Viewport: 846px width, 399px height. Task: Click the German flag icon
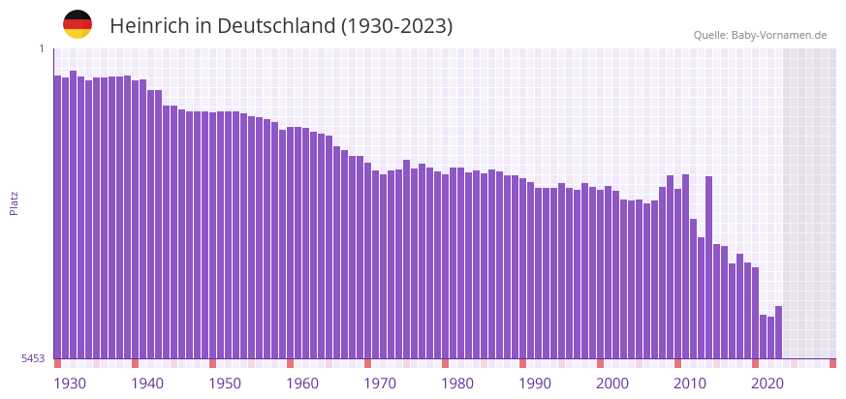pyautogui.click(x=78, y=25)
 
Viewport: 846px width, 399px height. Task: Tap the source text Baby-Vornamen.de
pyautogui.click(x=779, y=35)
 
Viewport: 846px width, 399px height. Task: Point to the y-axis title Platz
pyautogui.click(x=14, y=202)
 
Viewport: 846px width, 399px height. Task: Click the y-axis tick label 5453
pyautogui.click(x=32, y=359)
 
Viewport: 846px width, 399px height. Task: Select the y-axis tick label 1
pyautogui.click(x=41, y=48)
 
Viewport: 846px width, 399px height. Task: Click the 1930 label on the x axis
pyautogui.click(x=70, y=384)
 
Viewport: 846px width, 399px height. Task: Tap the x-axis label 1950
pyautogui.click(x=225, y=384)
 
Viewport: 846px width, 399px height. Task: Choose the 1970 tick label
pyautogui.click(x=380, y=384)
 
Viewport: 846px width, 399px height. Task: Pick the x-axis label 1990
pyautogui.click(x=535, y=384)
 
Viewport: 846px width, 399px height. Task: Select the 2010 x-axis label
pyautogui.click(x=690, y=384)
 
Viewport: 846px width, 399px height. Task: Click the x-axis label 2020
pyautogui.click(x=768, y=384)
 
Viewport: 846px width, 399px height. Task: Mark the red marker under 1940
pyautogui.click(x=135, y=363)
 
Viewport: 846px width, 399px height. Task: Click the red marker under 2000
pyautogui.click(x=600, y=363)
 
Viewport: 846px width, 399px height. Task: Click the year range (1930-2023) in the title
pyautogui.click(x=396, y=26)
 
